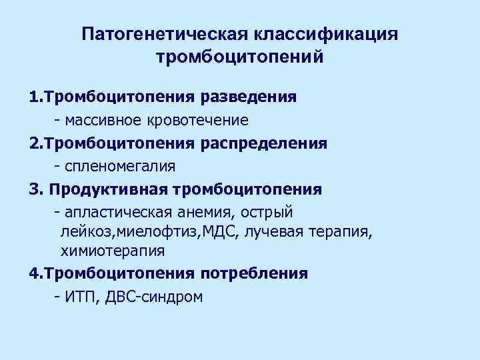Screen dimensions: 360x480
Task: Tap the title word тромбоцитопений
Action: (x=240, y=57)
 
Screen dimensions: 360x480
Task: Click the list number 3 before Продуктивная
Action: (x=34, y=189)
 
